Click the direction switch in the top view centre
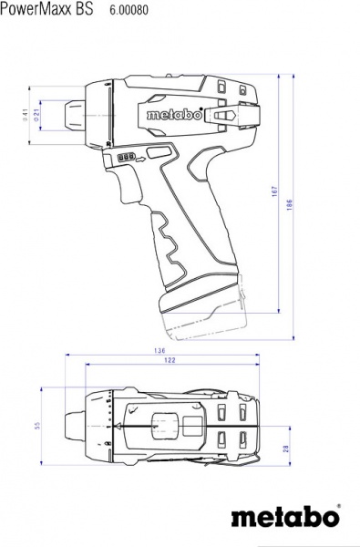click(165, 426)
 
